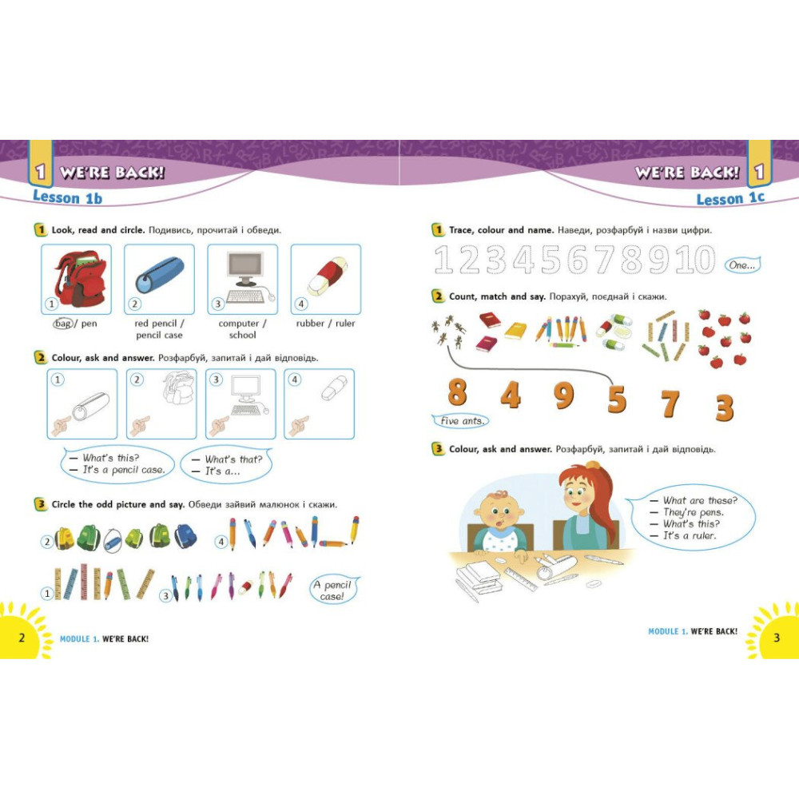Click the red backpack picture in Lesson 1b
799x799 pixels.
tap(81, 278)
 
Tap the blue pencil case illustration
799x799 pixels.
tap(160, 275)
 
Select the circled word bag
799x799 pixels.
tap(63, 323)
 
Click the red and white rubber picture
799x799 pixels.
tap(328, 276)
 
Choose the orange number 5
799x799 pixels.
tap(617, 399)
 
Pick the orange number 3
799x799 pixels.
tap(724, 407)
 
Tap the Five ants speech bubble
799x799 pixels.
tap(461, 421)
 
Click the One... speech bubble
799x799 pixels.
tap(742, 265)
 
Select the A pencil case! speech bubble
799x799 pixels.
tap(333, 590)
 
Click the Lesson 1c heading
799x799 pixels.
tap(730, 198)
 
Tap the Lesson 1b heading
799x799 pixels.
tap(67, 197)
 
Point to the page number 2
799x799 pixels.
tap(22, 637)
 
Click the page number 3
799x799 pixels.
tap(777, 637)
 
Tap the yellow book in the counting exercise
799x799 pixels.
tap(515, 331)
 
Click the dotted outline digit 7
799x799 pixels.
tap(606, 259)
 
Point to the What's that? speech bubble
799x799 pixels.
tap(227, 465)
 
